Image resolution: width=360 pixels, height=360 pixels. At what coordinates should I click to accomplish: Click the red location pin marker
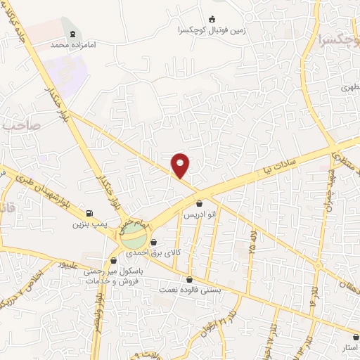pyautogui.click(x=181, y=165)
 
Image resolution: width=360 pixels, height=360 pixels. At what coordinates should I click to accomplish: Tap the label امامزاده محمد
pyautogui.click(x=72, y=44)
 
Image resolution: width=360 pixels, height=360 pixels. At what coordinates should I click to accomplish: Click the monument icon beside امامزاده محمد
pyautogui.click(x=72, y=34)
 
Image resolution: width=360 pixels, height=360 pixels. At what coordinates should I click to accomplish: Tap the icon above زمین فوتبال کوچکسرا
pyautogui.click(x=213, y=20)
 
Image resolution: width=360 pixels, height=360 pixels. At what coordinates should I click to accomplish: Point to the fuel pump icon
pyautogui.click(x=89, y=214)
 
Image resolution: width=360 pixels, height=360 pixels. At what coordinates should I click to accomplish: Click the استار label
pyautogui.click(x=349, y=347)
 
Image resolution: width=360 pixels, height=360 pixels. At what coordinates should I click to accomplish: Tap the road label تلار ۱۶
pyautogui.click(x=312, y=290)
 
